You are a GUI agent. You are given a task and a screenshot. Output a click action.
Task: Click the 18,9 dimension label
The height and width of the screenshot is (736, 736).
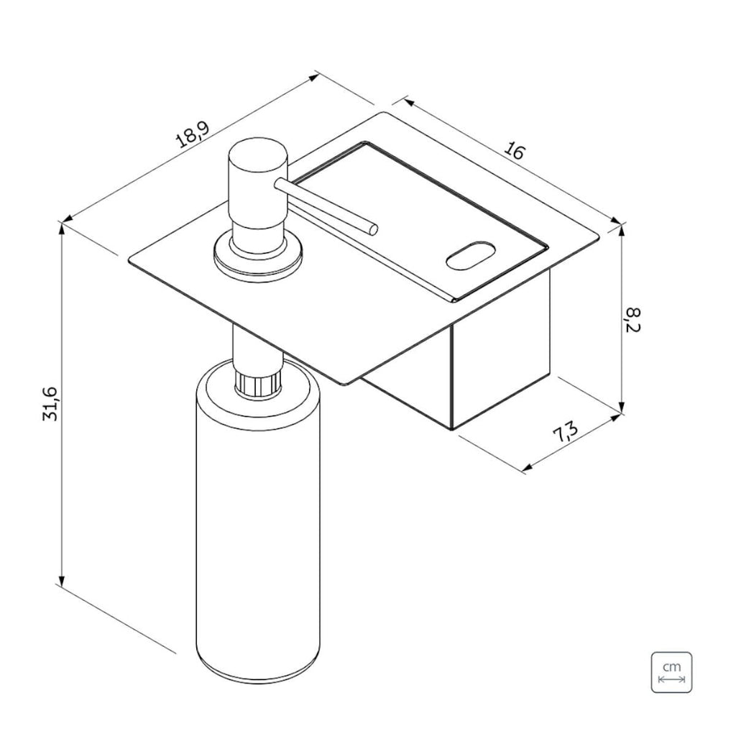(193, 134)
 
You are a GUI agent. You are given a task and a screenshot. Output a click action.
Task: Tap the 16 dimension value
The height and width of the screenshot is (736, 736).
(514, 151)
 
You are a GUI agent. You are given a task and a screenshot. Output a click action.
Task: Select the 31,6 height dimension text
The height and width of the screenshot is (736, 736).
(51, 403)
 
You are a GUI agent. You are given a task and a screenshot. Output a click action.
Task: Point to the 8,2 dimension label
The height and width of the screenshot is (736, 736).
(632, 319)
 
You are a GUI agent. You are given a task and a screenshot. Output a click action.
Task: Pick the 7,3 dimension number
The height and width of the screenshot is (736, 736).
(565, 432)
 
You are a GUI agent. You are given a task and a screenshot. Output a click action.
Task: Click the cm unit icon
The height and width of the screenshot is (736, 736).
(671, 672)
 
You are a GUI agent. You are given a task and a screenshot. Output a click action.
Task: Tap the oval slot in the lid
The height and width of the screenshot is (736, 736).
(470, 255)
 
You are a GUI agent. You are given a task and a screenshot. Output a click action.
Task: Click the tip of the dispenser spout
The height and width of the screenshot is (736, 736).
(374, 229)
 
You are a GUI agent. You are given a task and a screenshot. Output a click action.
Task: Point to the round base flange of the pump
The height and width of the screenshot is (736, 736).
(257, 257)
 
